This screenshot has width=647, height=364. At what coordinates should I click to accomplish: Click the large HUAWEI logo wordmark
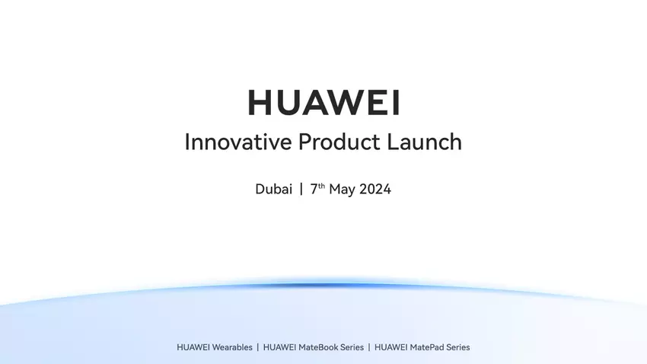pyautogui.click(x=323, y=103)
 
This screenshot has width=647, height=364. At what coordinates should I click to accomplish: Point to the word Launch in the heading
pyautogui.click(x=423, y=142)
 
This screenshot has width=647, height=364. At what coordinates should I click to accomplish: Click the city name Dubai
pyautogui.click(x=273, y=190)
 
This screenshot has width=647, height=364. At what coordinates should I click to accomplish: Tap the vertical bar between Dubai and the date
pyautogui.click(x=301, y=190)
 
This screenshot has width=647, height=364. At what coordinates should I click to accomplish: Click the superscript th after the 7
pyautogui.click(x=322, y=186)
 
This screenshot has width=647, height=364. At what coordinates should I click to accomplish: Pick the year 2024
pyautogui.click(x=375, y=190)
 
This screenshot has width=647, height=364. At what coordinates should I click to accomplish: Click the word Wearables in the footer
pyautogui.click(x=231, y=347)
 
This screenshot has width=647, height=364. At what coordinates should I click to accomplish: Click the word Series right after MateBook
pyautogui.click(x=351, y=347)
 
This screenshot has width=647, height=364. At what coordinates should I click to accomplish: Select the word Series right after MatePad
pyautogui.click(x=457, y=347)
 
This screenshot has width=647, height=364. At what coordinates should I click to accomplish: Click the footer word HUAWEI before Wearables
pyautogui.click(x=193, y=347)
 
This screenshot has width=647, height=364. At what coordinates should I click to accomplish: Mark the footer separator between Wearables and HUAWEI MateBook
pyautogui.click(x=257, y=347)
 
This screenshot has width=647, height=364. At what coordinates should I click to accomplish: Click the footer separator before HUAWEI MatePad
pyautogui.click(x=369, y=347)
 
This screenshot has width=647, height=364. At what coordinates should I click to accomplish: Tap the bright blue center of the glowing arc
pyautogui.click(x=323, y=286)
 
